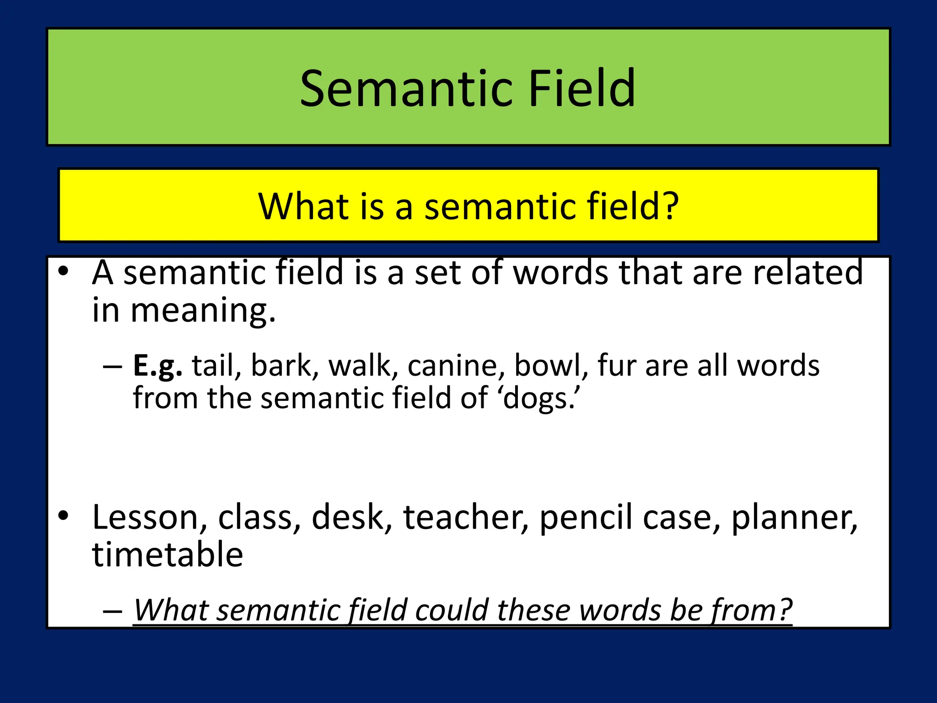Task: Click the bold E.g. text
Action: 157,367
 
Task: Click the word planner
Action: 794,518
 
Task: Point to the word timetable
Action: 167,555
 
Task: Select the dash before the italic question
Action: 113,611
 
